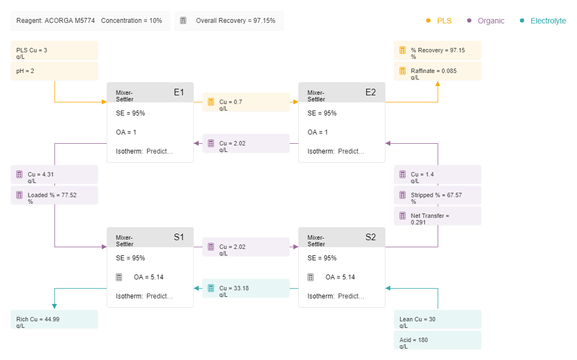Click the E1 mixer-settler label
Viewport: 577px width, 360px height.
(x=179, y=93)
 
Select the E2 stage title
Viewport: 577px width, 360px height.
(x=371, y=93)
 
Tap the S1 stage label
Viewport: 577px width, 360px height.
(x=179, y=237)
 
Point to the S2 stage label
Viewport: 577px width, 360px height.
(x=371, y=237)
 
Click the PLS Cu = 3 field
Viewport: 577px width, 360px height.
(x=54, y=51)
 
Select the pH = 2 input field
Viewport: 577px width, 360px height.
(x=54, y=71)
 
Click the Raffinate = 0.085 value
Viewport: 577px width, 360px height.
(x=438, y=71)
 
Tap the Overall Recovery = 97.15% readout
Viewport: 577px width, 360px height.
(x=229, y=21)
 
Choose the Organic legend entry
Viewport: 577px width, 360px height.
(x=486, y=21)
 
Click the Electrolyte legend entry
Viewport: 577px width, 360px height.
(x=543, y=21)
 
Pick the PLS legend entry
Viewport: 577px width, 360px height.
(x=439, y=21)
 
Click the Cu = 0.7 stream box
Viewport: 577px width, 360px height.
(x=246, y=102)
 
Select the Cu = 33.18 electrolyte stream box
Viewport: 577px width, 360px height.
(x=246, y=288)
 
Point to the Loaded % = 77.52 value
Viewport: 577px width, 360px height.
(x=54, y=195)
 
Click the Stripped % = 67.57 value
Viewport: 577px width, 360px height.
(x=438, y=195)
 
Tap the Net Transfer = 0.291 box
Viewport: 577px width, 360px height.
(x=438, y=216)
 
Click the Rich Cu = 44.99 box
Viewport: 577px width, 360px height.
(x=54, y=319)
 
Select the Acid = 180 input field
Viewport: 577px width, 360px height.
(x=438, y=340)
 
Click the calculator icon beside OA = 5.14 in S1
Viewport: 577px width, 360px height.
(x=119, y=277)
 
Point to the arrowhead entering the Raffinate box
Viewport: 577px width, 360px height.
(x=438, y=83)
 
